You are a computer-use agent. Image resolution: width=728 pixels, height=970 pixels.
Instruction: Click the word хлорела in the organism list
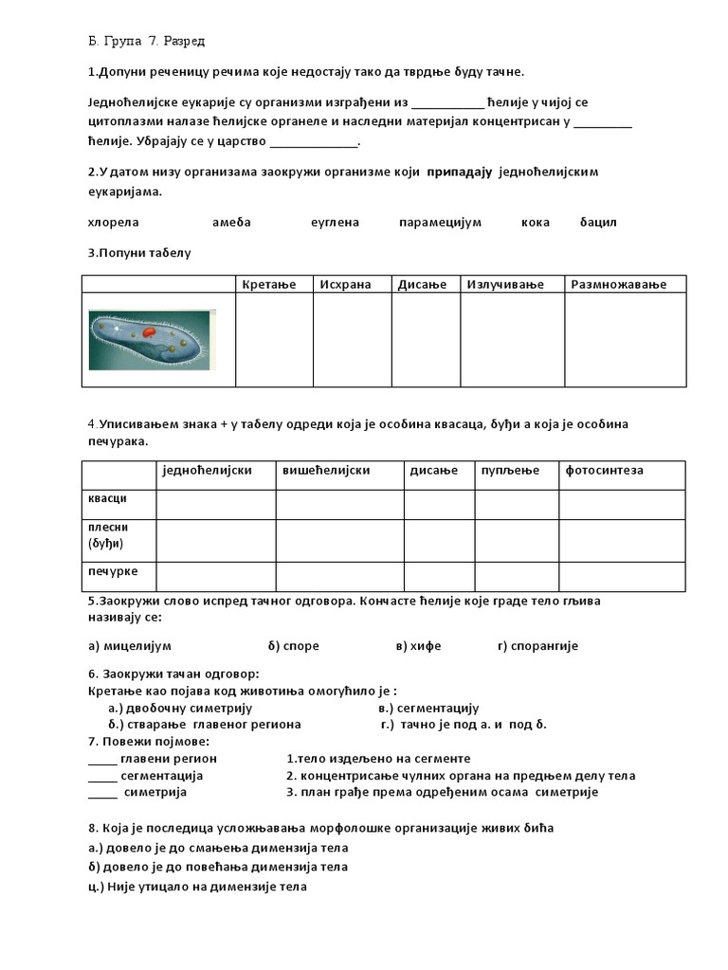pyautogui.click(x=113, y=223)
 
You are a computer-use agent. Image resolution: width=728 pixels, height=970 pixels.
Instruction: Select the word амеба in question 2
pyautogui.click(x=231, y=223)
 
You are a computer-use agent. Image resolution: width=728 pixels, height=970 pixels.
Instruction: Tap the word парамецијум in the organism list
pyautogui.click(x=440, y=223)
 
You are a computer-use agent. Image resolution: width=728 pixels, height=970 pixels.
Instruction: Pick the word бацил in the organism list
pyautogui.click(x=598, y=223)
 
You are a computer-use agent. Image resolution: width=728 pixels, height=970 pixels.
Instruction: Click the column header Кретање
pyautogui.click(x=269, y=285)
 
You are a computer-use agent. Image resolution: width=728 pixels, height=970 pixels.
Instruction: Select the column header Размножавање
pyautogui.click(x=618, y=285)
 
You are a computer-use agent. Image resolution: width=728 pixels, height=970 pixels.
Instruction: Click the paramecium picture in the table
pyautogui.click(x=152, y=339)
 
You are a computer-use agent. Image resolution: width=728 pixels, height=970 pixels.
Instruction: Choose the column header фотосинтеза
pyautogui.click(x=604, y=471)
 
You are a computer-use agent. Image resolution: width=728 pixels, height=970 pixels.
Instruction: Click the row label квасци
pyautogui.click(x=106, y=498)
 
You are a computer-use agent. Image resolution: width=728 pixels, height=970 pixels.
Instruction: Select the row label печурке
pyautogui.click(x=113, y=571)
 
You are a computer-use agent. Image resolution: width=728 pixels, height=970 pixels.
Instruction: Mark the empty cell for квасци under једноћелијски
pyautogui.click(x=215, y=505)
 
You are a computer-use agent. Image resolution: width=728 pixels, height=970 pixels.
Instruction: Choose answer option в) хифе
pyautogui.click(x=419, y=646)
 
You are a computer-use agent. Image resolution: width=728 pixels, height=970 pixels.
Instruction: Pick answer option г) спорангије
pyautogui.click(x=537, y=646)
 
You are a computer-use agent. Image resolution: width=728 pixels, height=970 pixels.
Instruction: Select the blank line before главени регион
pyautogui.click(x=102, y=760)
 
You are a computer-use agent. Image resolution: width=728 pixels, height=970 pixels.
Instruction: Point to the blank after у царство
pyautogui.click(x=314, y=143)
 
